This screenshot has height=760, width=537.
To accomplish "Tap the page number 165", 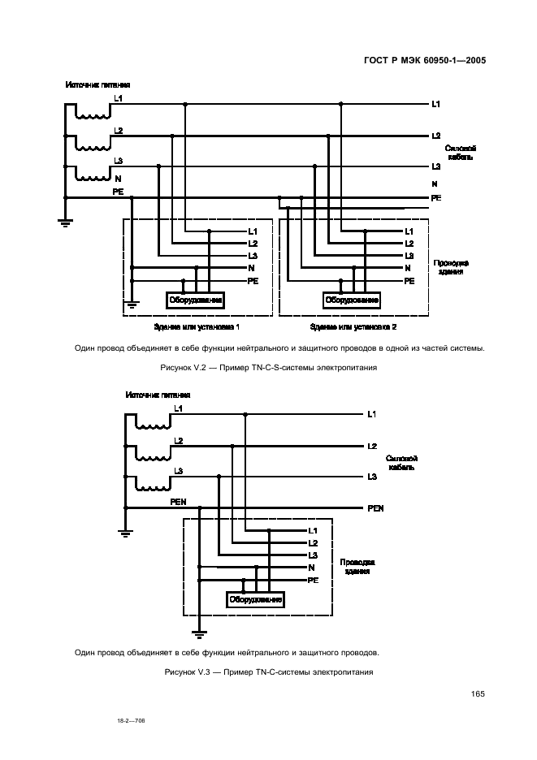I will click(477, 693).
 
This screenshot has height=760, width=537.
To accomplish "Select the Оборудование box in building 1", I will click(196, 300).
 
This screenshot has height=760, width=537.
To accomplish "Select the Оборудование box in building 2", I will click(353, 300).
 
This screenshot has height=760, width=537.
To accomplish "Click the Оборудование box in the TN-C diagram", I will click(256, 600).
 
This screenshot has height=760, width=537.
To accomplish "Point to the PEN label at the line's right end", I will click(375, 508).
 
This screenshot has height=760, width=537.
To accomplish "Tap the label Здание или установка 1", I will click(197, 326).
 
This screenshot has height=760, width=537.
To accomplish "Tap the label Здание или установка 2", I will click(353, 326).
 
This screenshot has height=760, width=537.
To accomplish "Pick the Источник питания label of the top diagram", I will click(97, 85).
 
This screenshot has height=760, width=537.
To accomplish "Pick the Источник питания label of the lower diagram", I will click(158, 395).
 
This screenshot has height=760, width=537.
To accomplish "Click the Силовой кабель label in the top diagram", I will click(460, 153).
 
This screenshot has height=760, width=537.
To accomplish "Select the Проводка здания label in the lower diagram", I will click(357, 566).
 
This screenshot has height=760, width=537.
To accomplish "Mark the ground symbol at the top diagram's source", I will click(66, 220).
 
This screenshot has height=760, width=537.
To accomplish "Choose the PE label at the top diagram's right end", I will click(436, 198).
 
